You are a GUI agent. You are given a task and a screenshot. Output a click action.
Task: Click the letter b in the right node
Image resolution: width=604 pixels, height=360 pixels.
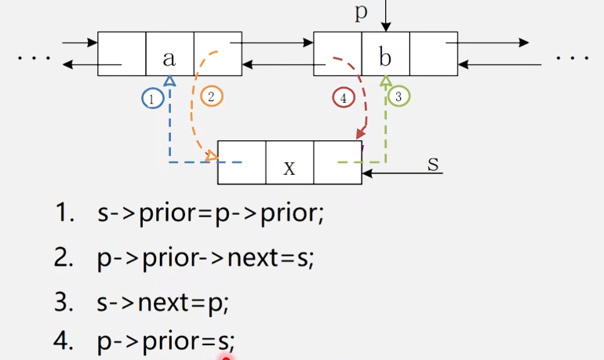tap(385, 56)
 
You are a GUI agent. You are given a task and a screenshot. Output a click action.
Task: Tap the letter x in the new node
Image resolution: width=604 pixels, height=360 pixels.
tap(289, 167)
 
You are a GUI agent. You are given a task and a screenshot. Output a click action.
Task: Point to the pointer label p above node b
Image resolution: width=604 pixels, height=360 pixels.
tap(361, 13)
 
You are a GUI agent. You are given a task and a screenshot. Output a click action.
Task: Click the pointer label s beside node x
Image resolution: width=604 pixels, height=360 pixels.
tap(433, 163)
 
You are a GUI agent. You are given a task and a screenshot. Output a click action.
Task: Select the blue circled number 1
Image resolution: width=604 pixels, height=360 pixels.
tap(152, 98)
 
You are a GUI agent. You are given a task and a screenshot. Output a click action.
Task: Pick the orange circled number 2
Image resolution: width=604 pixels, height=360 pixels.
tap(212, 96)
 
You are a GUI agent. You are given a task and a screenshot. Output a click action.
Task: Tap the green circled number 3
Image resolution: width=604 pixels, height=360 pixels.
tap(399, 96)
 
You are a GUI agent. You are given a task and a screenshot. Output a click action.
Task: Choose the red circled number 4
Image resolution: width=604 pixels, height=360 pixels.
tap(343, 98)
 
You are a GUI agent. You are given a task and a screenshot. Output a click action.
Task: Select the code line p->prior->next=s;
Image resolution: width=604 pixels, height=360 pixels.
tap(206, 259)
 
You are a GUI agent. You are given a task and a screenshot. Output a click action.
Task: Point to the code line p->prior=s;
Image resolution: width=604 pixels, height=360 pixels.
tap(166, 341)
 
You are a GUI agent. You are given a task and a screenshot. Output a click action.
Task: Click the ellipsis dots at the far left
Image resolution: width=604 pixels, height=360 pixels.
tap(33, 58)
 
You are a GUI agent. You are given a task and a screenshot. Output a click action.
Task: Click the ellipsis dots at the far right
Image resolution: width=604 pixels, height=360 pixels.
tap(572, 58)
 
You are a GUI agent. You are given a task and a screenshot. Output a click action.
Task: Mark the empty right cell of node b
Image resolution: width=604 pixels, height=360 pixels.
tap(433, 53)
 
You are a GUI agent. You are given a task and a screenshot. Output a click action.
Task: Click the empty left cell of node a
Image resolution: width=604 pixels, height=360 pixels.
tap(122, 53)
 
